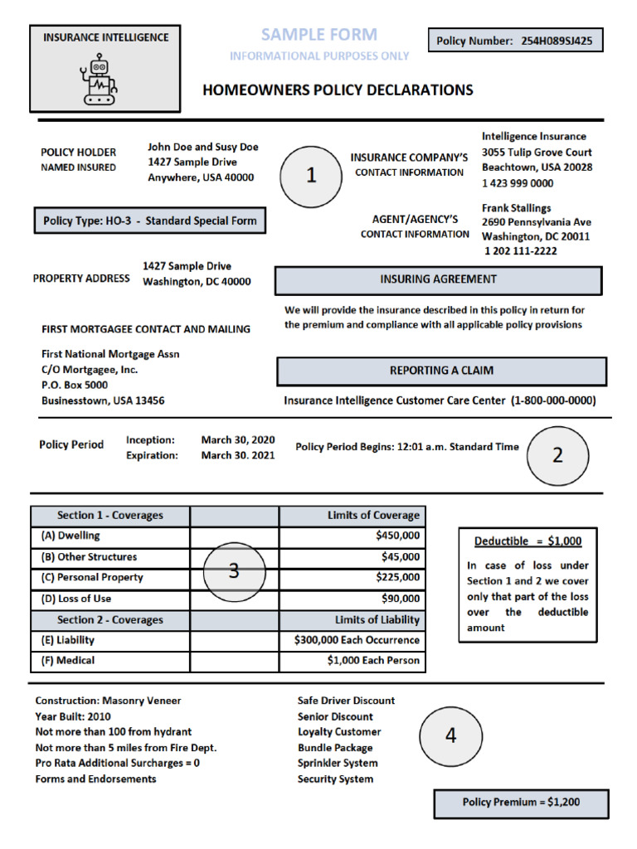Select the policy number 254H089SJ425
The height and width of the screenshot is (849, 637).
click(557, 41)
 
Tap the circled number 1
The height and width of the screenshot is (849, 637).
click(311, 176)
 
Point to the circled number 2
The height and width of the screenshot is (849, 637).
click(557, 455)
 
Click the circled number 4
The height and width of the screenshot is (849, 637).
click(450, 735)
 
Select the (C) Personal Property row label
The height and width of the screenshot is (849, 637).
click(92, 578)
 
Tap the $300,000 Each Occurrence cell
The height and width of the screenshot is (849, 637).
click(357, 640)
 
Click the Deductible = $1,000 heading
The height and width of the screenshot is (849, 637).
click(528, 541)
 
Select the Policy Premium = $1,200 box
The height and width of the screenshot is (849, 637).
click(521, 803)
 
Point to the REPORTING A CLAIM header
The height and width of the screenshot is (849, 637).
click(441, 371)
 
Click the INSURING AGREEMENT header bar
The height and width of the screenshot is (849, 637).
click(438, 279)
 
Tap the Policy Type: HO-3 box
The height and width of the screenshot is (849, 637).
click(150, 221)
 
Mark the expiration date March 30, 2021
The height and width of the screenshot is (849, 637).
click(237, 455)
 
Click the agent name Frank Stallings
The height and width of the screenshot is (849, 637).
click(516, 208)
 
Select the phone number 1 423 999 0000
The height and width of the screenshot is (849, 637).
click(518, 183)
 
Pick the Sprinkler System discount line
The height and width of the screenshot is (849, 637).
click(338, 763)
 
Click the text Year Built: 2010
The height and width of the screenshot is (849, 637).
click(73, 716)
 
